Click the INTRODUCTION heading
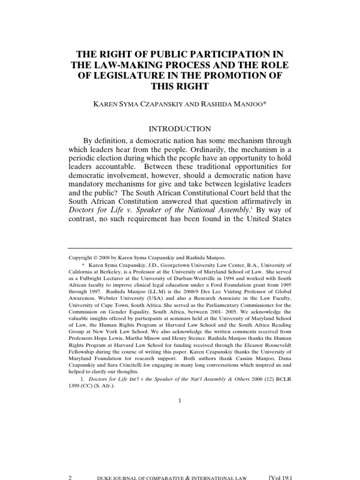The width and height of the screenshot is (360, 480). click(180, 128)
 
